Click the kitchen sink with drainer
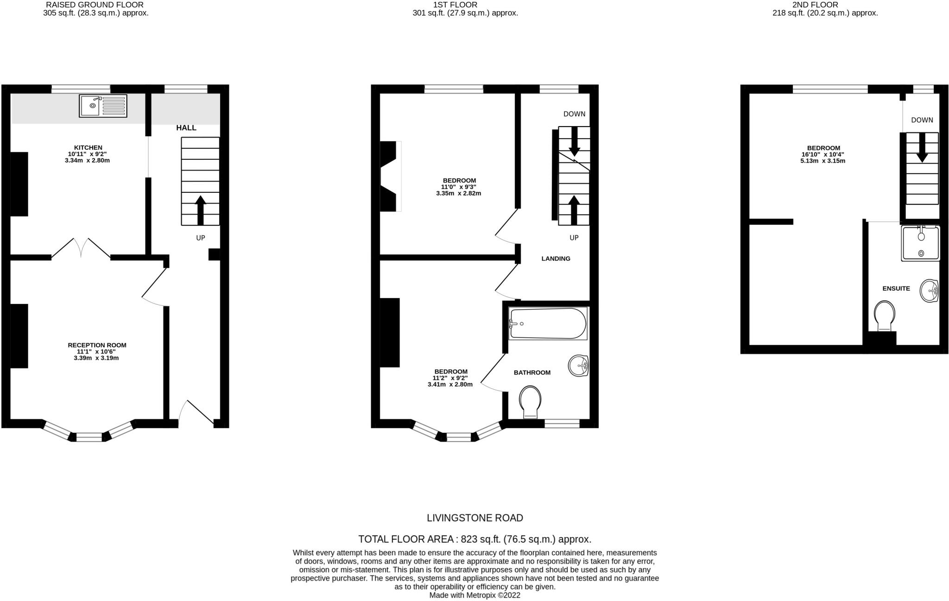(103, 106)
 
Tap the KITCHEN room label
(88, 148)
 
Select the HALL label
(186, 128)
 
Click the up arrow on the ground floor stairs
(200, 210)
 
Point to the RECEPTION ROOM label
(97, 345)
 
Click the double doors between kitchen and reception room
(81, 248)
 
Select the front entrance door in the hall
(196, 413)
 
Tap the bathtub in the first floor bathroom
(547, 323)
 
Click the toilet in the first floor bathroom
(531, 401)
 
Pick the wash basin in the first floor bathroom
(579, 366)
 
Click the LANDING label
(556, 259)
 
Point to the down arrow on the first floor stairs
(574, 141)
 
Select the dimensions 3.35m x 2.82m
(458, 193)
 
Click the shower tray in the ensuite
(920, 243)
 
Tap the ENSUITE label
(896, 288)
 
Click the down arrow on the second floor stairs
(922, 147)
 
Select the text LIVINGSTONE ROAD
(474, 518)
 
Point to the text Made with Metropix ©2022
(474, 595)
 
